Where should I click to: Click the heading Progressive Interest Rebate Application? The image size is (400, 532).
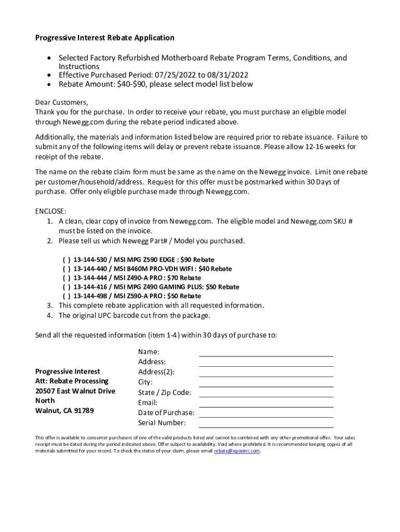[104, 38]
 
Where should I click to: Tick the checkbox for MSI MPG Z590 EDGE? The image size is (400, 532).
[66, 260]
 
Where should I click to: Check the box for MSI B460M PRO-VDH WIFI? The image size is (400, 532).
[66, 269]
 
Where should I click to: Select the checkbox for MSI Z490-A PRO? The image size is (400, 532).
[66, 278]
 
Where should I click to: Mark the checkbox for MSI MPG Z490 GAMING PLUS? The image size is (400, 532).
[66, 287]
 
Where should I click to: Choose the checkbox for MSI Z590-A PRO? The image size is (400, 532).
[66, 296]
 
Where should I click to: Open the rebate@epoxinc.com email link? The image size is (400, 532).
[236, 451]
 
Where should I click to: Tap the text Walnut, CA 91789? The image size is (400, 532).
[64, 411]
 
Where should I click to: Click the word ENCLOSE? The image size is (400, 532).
[50, 211]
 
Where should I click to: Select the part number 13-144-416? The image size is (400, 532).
[90, 287]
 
